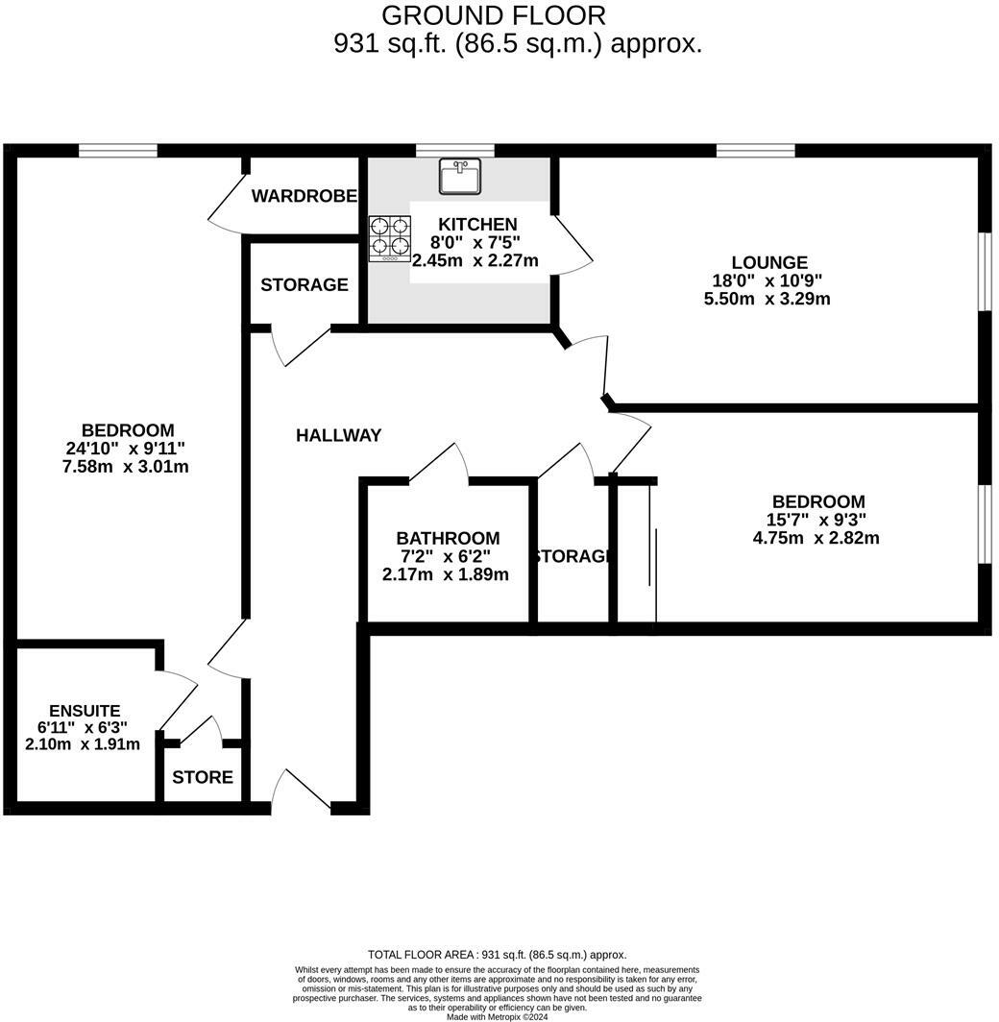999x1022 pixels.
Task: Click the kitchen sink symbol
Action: (460, 176)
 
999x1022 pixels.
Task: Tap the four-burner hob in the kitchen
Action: (390, 238)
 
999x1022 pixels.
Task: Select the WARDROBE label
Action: (305, 197)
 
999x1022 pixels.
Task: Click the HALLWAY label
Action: (338, 435)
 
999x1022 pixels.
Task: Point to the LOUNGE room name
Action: (768, 262)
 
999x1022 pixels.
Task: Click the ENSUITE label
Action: (85, 711)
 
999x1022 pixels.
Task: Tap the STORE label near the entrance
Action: (203, 777)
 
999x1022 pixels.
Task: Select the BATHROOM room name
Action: (448, 539)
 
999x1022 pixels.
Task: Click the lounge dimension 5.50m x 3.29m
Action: (767, 299)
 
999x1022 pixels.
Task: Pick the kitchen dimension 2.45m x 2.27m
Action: (475, 260)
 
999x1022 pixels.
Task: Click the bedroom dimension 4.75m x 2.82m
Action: (816, 538)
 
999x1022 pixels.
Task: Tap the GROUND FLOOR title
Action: (494, 15)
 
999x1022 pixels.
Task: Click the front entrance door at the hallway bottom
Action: (300, 791)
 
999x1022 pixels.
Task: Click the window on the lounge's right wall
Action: (984, 271)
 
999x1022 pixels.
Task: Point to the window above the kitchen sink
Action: (455, 150)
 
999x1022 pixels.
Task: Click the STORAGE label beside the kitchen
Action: (304, 285)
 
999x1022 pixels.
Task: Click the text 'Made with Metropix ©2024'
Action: (497, 1016)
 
